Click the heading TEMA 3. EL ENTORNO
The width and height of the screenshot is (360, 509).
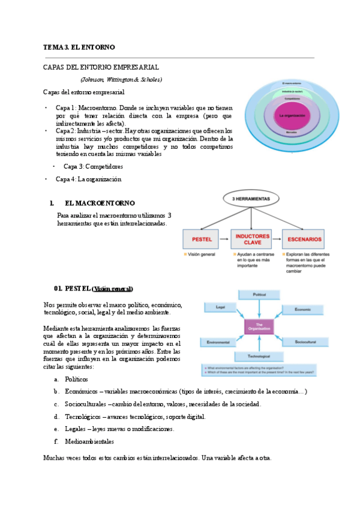(x=79, y=47)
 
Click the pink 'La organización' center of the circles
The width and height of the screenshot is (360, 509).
(x=292, y=115)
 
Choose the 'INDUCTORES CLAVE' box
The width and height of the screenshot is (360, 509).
(x=252, y=239)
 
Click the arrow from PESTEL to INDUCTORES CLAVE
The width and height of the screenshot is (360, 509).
(x=224, y=239)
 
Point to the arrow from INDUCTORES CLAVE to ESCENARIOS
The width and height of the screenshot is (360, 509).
(x=278, y=239)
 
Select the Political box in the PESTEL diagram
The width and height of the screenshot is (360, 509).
(x=259, y=295)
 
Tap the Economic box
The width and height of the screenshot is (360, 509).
(x=302, y=309)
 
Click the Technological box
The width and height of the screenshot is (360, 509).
(x=259, y=357)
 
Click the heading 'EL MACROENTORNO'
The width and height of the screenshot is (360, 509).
(x=100, y=203)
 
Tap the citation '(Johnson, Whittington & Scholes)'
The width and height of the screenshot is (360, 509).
(x=121, y=79)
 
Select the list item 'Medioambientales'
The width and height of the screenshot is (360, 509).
(x=89, y=441)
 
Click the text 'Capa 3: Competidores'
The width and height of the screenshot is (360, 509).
(x=93, y=166)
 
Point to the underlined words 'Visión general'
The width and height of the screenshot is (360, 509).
(x=113, y=288)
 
